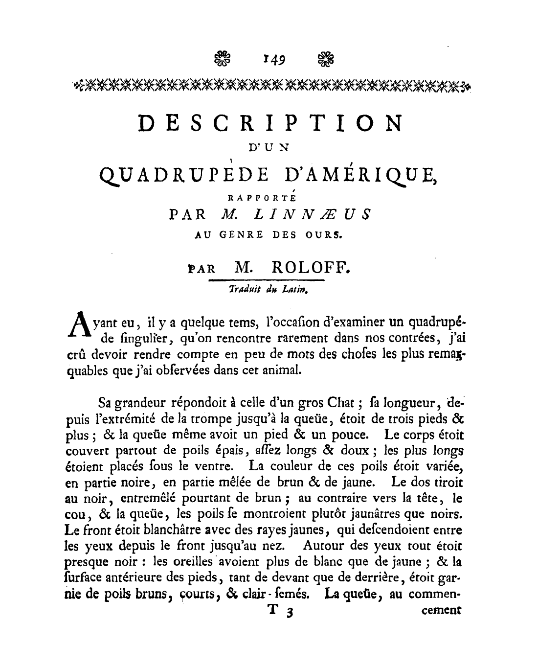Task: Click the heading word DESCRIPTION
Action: (270, 124)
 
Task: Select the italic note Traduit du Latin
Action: (267, 289)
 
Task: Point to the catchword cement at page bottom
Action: (440, 610)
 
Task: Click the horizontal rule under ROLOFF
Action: (267, 280)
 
